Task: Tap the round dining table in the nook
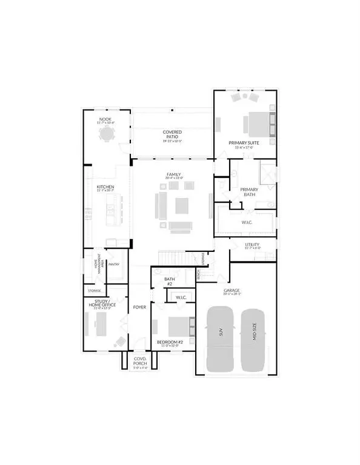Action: pyautogui.click(x=107, y=133)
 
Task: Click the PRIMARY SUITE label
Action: pyautogui.click(x=244, y=143)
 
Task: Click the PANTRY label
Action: pyautogui.click(x=115, y=263)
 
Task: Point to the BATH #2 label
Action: pyautogui.click(x=170, y=282)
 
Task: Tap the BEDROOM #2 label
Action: pyautogui.click(x=170, y=343)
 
